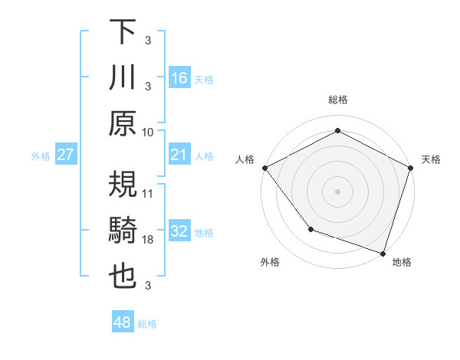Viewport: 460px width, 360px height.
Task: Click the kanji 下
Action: pyautogui.click(x=123, y=33)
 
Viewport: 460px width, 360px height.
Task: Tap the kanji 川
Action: pyautogui.click(x=123, y=78)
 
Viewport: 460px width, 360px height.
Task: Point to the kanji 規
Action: pyautogui.click(x=123, y=185)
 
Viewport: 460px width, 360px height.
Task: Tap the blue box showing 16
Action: pyautogui.click(x=179, y=77)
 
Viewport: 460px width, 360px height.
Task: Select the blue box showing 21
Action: pyautogui.click(x=179, y=155)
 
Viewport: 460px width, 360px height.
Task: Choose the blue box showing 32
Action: pyautogui.click(x=179, y=231)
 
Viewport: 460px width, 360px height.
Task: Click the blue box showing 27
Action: pyautogui.click(x=65, y=155)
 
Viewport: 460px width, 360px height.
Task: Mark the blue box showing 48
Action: pyautogui.click(x=122, y=322)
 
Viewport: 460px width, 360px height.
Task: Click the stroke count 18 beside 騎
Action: pyautogui.click(x=149, y=240)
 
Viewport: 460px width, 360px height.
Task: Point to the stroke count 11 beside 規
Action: pyautogui.click(x=149, y=193)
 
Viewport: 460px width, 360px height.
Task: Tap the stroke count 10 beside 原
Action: pyautogui.click(x=149, y=132)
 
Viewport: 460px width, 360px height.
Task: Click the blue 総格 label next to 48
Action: pyautogui.click(x=147, y=324)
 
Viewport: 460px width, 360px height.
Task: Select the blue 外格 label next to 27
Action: pyautogui.click(x=41, y=156)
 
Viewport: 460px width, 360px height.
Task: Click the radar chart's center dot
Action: pyautogui.click(x=337, y=191)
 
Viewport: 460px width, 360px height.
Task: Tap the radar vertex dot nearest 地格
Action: pyautogui.click(x=383, y=252)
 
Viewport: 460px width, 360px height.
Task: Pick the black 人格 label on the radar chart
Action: pyautogui.click(x=245, y=159)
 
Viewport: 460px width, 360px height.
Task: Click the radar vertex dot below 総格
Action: pyautogui.click(x=337, y=130)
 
